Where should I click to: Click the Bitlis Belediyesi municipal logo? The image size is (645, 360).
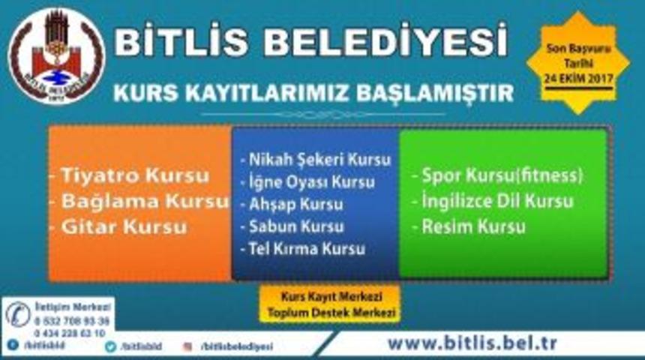[56, 56]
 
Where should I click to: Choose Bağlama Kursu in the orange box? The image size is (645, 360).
[138, 201]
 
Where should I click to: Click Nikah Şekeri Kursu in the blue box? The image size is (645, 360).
[316, 160]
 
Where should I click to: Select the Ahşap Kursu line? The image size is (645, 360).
[292, 204]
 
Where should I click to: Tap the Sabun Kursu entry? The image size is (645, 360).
[292, 226]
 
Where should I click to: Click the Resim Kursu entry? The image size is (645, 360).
[469, 226]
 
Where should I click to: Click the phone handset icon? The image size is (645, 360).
[18, 314]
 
